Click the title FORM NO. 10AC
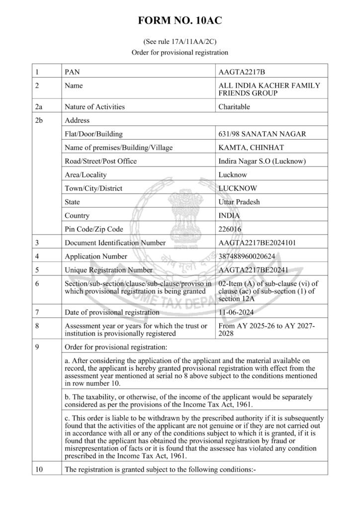[x=180, y=20]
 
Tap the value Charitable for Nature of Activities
[x=234, y=106]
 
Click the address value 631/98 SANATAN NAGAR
[x=262, y=134]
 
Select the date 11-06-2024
[x=236, y=313]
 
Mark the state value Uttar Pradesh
[x=239, y=202]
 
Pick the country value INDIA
[x=229, y=216]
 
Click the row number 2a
[x=39, y=106]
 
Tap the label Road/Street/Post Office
[x=100, y=161]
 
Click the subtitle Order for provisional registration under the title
[x=180, y=52]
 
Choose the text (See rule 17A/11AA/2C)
[x=180, y=42]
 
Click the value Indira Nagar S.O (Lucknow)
[x=262, y=161]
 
